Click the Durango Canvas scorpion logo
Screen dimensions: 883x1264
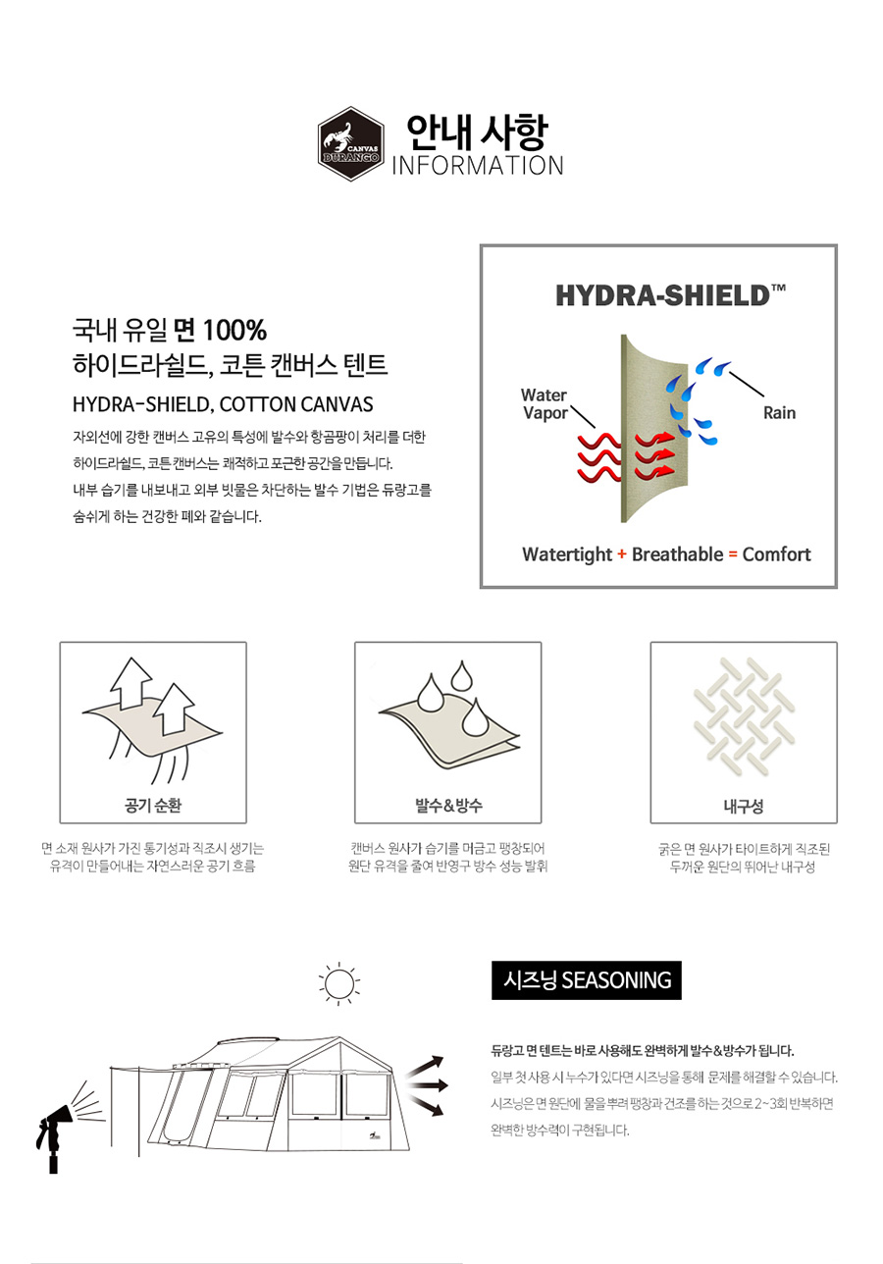tap(350, 144)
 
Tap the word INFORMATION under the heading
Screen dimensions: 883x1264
tap(478, 166)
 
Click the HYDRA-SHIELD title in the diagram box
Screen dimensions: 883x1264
tap(670, 295)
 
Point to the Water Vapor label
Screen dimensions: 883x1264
tap(545, 403)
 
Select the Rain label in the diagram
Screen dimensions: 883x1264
tap(779, 412)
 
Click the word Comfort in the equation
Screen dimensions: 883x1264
tap(776, 554)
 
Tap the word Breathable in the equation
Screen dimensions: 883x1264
tap(677, 554)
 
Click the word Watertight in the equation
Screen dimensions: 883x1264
tap(567, 554)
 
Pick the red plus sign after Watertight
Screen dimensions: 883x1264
tap(622, 554)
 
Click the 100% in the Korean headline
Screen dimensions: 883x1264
tap(234, 330)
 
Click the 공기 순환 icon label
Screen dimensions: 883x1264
tap(153, 806)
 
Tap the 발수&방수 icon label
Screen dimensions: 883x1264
tap(448, 806)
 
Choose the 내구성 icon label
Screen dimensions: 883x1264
tap(744, 806)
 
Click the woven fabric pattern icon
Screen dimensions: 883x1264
tap(744, 715)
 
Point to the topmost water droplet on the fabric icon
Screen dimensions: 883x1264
tap(462, 675)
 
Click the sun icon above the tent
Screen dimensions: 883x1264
tap(338, 983)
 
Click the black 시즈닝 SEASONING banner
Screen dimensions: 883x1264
tap(587, 980)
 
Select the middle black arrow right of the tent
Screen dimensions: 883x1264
tap(428, 1084)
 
